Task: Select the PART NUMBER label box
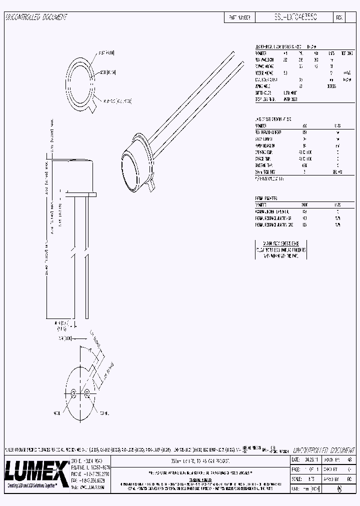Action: (x=239, y=17)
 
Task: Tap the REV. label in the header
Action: (x=339, y=17)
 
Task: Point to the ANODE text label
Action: (x=57, y=413)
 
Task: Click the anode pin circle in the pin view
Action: (x=73, y=392)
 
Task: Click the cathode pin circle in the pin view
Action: (x=87, y=392)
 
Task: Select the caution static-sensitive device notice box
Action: (x=280, y=249)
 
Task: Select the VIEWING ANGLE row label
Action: (x=263, y=85)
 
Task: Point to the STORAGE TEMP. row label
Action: (x=263, y=158)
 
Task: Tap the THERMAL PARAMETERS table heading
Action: (x=266, y=198)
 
